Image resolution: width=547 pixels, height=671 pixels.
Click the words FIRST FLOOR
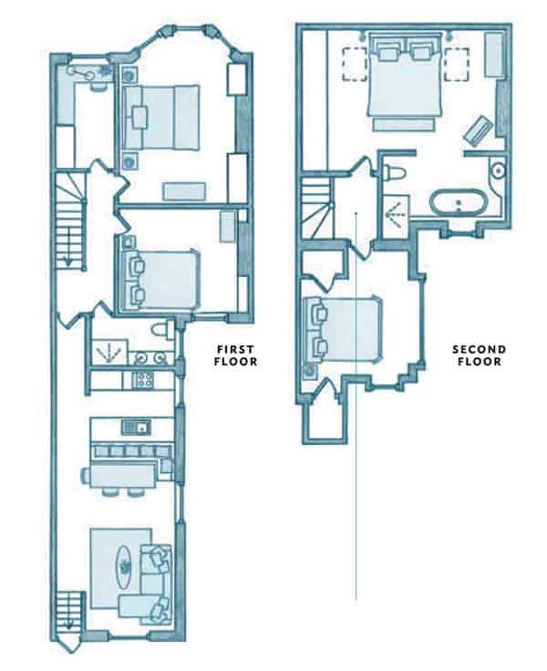point(236,356)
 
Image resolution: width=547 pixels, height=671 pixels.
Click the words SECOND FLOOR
point(480,356)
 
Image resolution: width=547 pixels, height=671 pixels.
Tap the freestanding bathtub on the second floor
point(459,202)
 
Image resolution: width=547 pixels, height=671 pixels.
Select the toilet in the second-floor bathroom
point(394,172)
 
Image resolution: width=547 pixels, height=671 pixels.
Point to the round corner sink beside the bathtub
point(498,170)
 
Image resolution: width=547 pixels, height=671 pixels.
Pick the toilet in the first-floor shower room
point(162,329)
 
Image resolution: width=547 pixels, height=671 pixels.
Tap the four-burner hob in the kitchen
point(143,379)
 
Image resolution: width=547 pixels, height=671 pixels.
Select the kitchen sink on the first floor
point(136,427)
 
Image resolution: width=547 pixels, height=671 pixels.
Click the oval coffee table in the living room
point(125,567)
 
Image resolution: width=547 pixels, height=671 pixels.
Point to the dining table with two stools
point(119,476)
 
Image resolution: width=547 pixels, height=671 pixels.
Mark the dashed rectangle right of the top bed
point(456,64)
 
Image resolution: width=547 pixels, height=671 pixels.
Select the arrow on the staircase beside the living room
point(68,622)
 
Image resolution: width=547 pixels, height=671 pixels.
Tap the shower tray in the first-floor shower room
point(109,353)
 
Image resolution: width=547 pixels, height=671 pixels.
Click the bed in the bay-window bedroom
point(161,118)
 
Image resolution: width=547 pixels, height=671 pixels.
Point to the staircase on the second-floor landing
point(317,209)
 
